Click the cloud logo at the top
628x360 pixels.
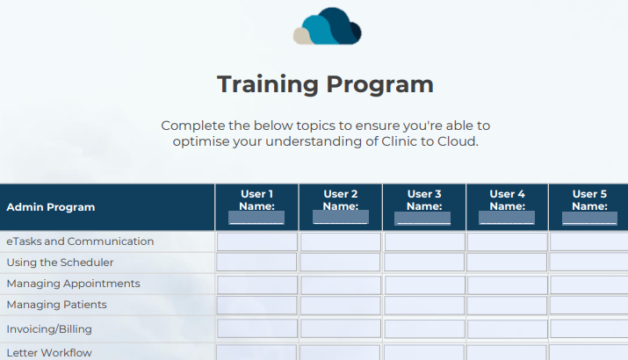[328, 26]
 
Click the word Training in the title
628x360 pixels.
[268, 84]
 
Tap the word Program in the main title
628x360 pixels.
[379, 84]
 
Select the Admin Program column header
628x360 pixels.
[50, 207]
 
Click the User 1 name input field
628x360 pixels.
[256, 218]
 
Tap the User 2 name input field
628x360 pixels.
[341, 218]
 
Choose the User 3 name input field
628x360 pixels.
[422, 218]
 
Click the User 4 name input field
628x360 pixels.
[507, 218]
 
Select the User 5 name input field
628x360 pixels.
[589, 218]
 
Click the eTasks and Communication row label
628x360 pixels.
[80, 241]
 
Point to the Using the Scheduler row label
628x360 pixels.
[60, 263]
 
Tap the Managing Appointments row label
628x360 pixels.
[73, 284]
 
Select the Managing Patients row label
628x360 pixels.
[56, 305]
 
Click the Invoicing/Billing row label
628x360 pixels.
[49, 329]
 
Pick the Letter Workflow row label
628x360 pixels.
[49, 353]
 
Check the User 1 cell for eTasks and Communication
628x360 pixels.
[257, 241]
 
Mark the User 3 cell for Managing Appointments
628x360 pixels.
[424, 285]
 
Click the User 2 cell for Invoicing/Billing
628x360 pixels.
[341, 328]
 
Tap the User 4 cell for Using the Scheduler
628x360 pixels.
[507, 263]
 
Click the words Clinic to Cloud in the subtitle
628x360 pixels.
[429, 141]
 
